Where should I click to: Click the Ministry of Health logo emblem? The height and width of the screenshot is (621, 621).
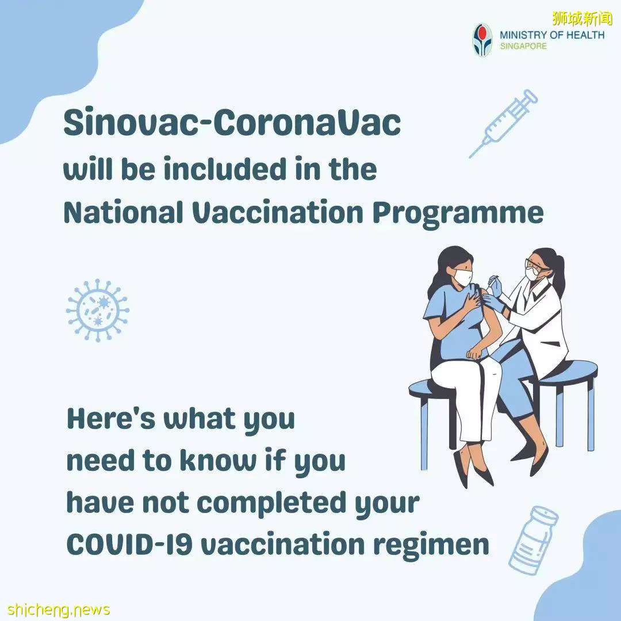click(483, 40)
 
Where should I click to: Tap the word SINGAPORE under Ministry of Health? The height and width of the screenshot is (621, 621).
click(523, 47)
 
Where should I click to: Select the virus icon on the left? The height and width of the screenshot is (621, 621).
click(97, 310)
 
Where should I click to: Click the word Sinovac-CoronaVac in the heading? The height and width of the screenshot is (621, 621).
click(232, 123)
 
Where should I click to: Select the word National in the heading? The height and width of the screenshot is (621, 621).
click(123, 212)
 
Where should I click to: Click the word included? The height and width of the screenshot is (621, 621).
click(225, 169)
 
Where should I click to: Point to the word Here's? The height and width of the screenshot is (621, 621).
click(112, 419)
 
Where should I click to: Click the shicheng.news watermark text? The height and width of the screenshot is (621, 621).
click(58, 609)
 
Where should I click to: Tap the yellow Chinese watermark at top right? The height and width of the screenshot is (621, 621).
click(582, 17)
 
